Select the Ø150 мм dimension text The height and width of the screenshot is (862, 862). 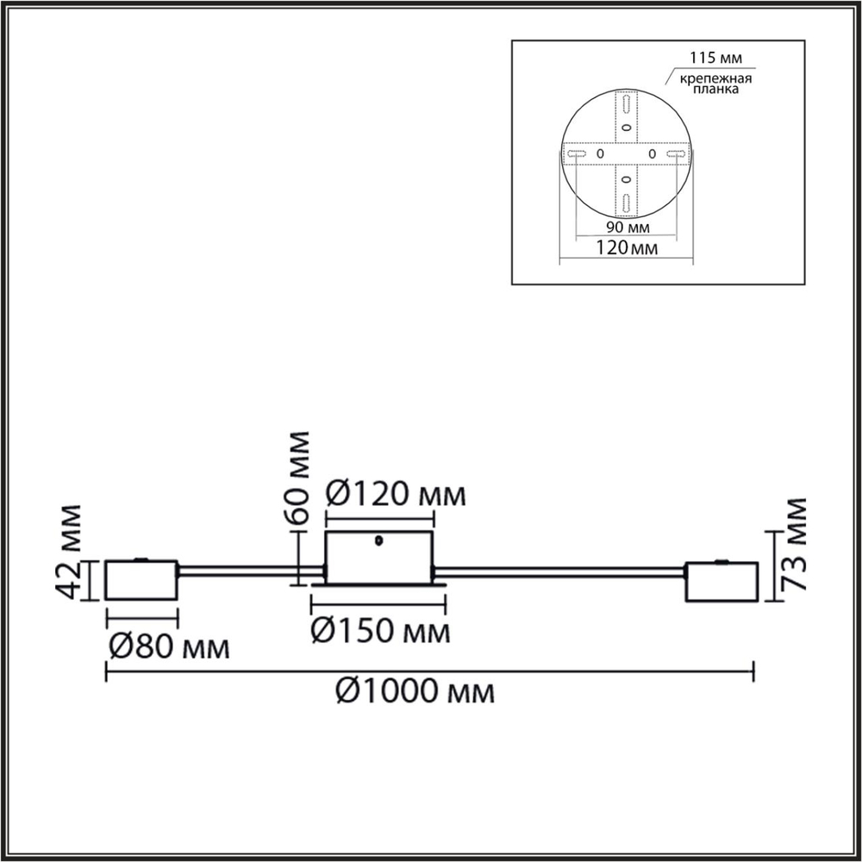point(379,632)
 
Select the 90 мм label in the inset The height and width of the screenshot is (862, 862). point(626,228)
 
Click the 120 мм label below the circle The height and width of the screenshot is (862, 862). point(626,248)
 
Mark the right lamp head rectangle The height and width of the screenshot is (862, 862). point(721,582)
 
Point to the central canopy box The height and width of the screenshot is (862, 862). point(378,559)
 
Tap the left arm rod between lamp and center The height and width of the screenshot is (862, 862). point(250,571)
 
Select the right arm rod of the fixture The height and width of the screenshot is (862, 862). point(560,572)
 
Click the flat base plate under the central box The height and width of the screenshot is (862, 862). point(379,587)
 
